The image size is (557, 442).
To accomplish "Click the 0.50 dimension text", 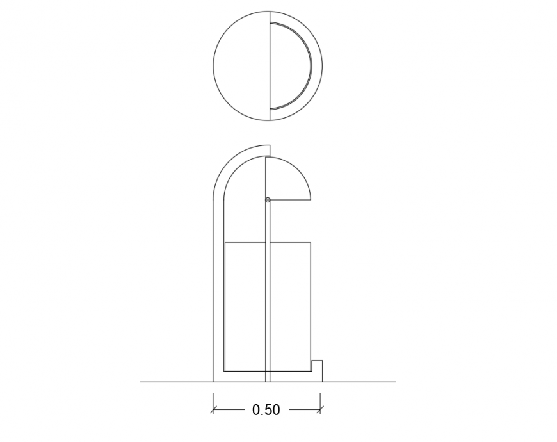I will click(266, 410).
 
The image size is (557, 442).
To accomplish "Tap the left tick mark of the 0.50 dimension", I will click(213, 409).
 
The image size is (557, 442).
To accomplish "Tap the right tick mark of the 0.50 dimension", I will click(321, 409).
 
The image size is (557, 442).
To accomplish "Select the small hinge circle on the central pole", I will click(268, 200).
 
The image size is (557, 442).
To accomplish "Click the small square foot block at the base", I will click(316, 371).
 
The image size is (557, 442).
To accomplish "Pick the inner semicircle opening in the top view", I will click(289, 66).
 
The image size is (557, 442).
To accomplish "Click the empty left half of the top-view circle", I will click(241, 66).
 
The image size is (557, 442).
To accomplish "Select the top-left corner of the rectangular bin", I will click(224, 243).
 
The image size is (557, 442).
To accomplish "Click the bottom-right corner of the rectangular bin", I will click(311, 371).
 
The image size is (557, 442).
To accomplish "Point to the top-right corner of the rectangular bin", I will click(311, 243).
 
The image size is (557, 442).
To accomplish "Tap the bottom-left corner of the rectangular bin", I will click(224, 371).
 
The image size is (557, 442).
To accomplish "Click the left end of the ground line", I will click(141, 382).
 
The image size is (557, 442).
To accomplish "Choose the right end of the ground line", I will click(395, 382).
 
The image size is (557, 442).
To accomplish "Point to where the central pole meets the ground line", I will click(268, 382).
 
